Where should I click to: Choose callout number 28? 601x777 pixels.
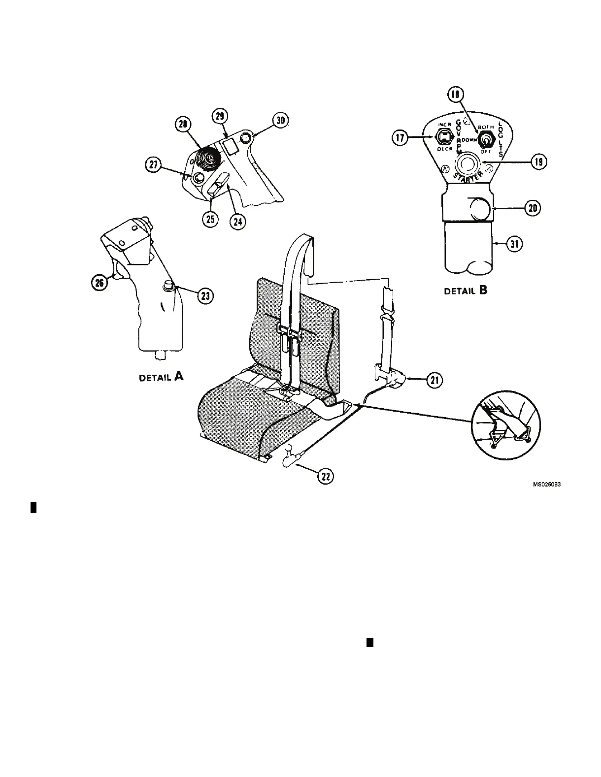(x=184, y=126)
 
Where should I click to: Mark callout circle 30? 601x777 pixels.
(x=281, y=121)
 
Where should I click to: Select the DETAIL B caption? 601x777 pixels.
(x=466, y=291)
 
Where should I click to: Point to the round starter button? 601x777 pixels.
(x=467, y=162)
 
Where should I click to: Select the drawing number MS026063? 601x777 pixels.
(x=547, y=485)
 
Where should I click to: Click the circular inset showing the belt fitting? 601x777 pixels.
(x=505, y=423)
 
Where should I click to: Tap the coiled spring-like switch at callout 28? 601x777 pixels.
(x=206, y=161)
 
